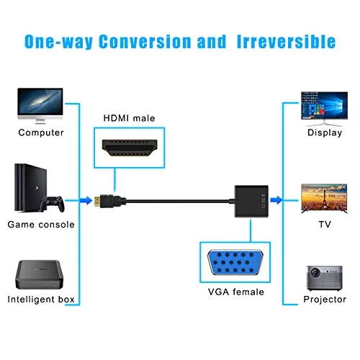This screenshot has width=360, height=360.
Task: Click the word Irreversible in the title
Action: tap(286, 42)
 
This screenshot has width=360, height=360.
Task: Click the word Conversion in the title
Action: tap(145, 42)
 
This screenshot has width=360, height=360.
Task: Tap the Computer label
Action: tap(41, 132)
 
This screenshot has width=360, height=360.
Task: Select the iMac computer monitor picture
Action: tap(40, 106)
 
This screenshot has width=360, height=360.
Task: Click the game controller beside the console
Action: tap(52, 204)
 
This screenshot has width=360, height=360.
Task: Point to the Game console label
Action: tap(41, 225)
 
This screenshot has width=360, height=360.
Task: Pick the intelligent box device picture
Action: tap(40, 274)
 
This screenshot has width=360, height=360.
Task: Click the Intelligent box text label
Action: tap(41, 300)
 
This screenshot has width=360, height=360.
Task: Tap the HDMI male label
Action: tap(129, 118)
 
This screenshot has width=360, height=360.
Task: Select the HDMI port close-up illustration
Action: tap(130, 148)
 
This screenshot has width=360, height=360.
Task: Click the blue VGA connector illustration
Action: tap(235, 262)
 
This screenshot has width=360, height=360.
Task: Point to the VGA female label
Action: tap(236, 292)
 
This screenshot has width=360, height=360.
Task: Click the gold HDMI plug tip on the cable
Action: tap(96, 200)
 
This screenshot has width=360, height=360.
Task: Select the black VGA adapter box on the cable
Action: tap(251, 201)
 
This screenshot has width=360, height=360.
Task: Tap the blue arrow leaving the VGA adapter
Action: tap(276, 200)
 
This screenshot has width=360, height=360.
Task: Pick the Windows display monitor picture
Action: tap(324, 109)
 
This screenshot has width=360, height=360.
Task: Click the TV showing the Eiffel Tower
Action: tap(324, 199)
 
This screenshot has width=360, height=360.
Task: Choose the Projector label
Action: tap(325, 300)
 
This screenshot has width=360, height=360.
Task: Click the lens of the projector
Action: tap(315, 273)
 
